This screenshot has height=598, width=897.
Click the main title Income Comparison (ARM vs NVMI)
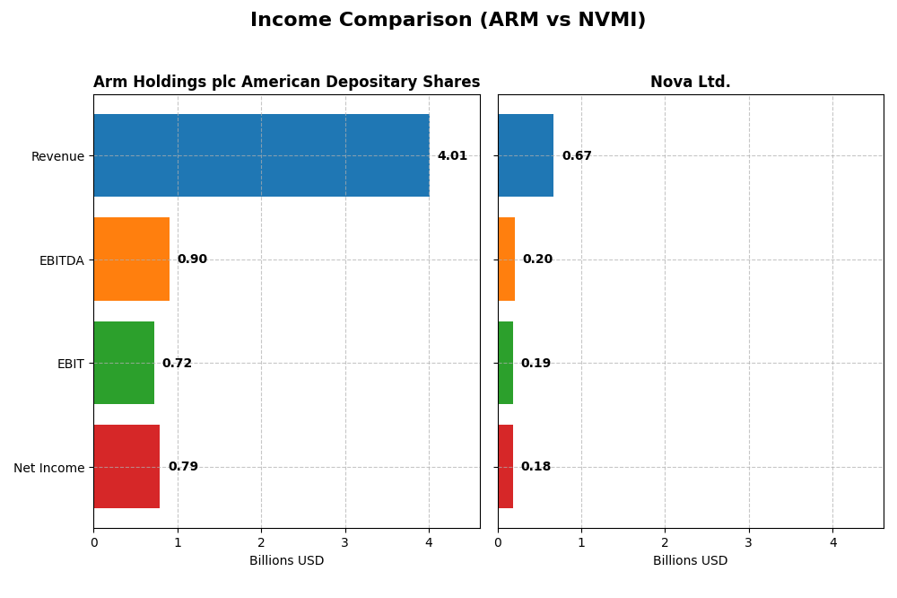click(448, 20)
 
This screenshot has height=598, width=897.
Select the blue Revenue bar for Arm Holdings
click(261, 155)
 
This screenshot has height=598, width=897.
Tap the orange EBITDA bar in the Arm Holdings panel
click(131, 259)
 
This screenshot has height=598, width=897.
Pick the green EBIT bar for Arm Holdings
click(124, 363)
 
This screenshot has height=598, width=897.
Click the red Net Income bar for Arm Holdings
click(126, 466)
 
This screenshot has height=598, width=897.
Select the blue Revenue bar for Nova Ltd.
click(526, 155)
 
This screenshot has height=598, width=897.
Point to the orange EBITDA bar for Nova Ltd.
click(506, 259)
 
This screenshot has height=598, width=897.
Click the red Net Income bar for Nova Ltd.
click(505, 466)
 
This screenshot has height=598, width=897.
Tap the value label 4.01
click(452, 155)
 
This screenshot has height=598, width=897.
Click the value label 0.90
click(192, 259)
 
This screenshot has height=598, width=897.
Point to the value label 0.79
click(183, 466)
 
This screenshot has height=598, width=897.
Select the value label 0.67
click(577, 155)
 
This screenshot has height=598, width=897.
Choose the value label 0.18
click(536, 466)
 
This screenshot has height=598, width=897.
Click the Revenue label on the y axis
click(57, 156)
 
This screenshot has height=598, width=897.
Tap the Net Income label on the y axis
click(49, 467)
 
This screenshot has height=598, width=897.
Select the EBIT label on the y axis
click(70, 364)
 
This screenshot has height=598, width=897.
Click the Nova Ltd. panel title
click(690, 82)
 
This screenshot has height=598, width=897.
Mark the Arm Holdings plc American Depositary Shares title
click(286, 82)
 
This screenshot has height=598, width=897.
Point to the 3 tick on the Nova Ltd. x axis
click(749, 542)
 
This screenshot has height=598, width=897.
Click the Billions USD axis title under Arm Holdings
click(286, 560)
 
